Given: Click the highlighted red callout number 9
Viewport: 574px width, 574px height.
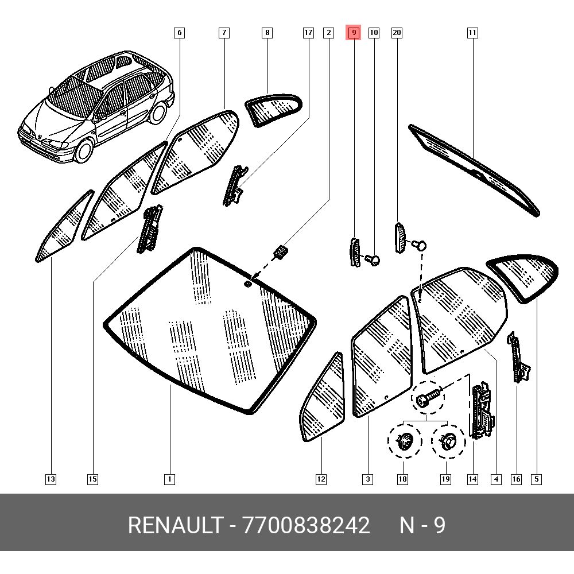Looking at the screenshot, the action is [x=354, y=33].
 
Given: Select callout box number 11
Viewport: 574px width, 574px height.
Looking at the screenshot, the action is [x=472, y=33].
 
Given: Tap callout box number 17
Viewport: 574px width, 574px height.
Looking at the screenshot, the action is [x=309, y=33].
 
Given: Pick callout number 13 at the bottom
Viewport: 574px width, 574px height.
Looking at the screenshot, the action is [x=51, y=479].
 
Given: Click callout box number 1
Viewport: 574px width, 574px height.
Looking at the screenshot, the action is [x=169, y=479].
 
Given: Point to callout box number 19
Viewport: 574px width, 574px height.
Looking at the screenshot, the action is [x=445, y=479].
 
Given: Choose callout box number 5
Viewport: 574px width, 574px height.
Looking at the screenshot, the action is [x=537, y=479].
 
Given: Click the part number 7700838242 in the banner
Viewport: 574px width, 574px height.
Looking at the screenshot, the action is [x=306, y=525].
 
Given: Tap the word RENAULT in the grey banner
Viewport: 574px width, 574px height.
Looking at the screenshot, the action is [x=176, y=525].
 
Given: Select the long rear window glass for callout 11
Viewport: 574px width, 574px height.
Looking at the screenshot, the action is [x=474, y=170].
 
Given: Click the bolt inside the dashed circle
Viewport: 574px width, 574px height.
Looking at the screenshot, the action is [x=428, y=397].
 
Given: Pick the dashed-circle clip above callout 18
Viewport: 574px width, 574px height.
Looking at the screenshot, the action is [x=405, y=440].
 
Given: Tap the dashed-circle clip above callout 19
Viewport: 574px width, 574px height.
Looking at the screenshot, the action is [x=448, y=441].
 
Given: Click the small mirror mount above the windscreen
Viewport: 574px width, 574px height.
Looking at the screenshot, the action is [x=281, y=252].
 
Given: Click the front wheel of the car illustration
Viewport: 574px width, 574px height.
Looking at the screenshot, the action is [x=84, y=150].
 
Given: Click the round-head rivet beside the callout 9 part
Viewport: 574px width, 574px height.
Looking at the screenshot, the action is [x=373, y=260].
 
